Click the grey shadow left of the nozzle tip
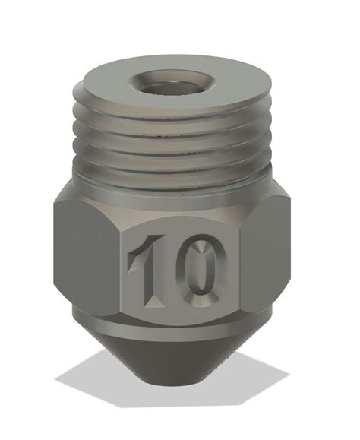click(x=91, y=376)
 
